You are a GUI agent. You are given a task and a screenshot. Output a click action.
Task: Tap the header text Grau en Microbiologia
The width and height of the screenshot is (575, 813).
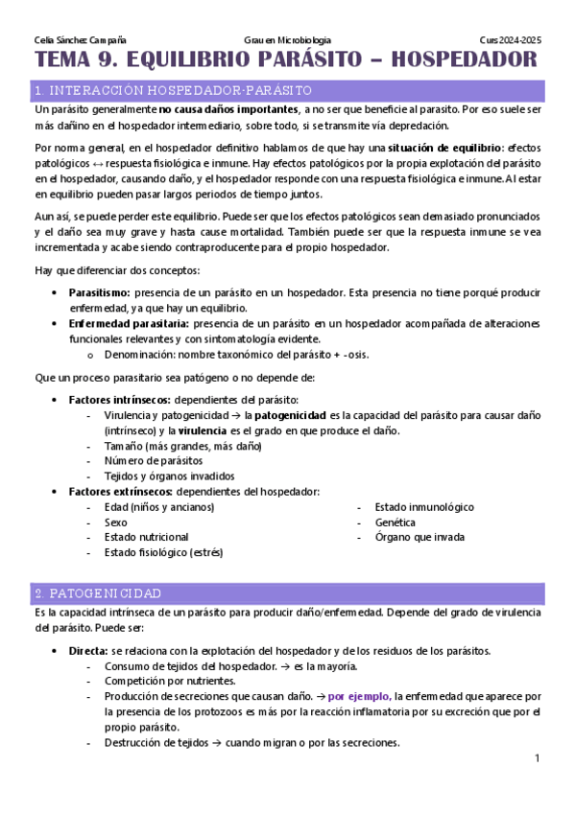[287, 40]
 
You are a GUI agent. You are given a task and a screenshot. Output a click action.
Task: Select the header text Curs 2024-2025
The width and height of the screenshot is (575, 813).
[510, 40]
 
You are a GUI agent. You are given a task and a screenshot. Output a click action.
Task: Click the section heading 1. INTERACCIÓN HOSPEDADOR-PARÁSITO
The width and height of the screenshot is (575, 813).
[173, 90]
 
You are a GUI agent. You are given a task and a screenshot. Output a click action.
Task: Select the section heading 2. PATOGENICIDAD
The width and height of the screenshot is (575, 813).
[98, 593]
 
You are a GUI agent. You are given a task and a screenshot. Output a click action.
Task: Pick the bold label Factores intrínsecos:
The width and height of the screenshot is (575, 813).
[120, 399]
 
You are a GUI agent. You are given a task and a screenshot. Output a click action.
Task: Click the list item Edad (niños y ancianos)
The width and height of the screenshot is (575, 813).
[158, 506]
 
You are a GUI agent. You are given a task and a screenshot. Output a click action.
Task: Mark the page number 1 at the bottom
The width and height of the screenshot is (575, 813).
[538, 758]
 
